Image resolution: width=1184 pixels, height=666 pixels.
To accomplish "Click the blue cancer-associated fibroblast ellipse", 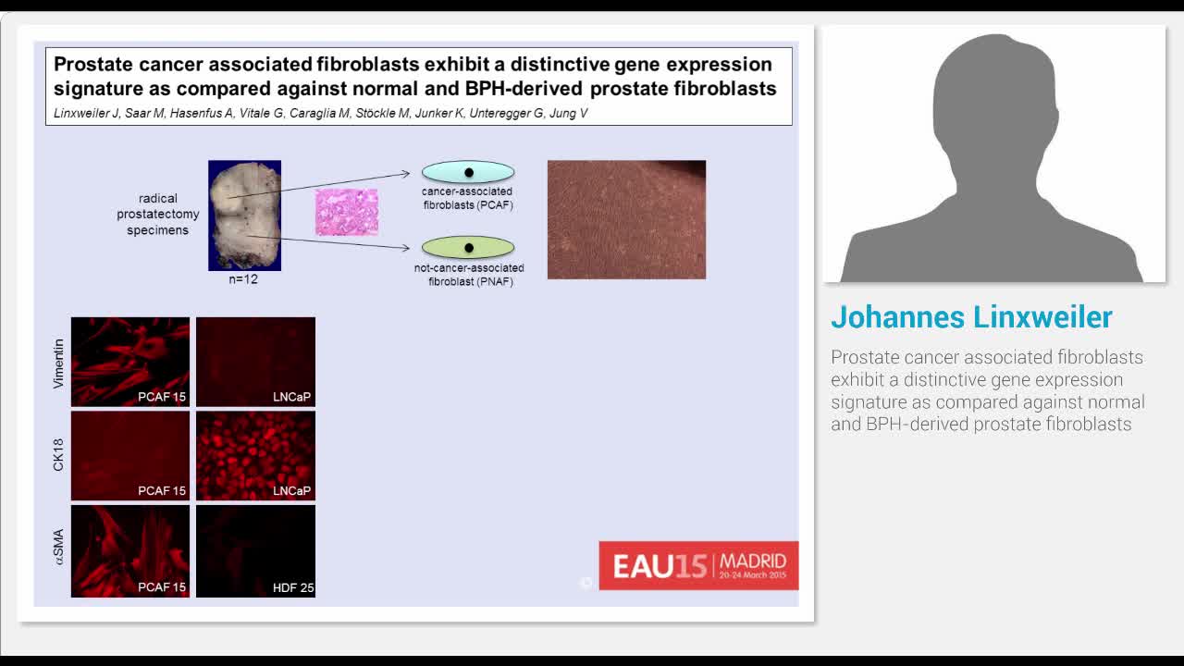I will click(468, 172).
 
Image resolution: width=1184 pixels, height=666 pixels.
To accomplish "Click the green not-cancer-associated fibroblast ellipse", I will click(468, 248).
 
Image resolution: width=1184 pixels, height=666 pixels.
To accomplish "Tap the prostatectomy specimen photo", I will click(244, 216).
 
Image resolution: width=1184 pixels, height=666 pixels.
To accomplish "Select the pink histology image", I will click(347, 212).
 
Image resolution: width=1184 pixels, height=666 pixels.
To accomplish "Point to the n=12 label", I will click(243, 279).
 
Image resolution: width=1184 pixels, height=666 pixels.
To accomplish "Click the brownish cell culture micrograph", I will click(626, 219).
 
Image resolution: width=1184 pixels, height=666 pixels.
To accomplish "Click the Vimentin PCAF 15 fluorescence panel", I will click(130, 362).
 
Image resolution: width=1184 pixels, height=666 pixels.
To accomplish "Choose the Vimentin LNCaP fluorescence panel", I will click(255, 362).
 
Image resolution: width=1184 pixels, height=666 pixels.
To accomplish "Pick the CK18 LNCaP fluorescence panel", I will click(255, 456).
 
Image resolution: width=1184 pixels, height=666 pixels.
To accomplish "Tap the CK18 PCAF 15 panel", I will click(130, 456).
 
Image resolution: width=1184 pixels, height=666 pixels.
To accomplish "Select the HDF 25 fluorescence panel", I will click(255, 550).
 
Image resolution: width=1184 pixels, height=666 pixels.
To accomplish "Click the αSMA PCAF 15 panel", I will click(130, 550).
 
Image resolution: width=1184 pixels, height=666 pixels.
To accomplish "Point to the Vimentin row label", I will click(58, 362).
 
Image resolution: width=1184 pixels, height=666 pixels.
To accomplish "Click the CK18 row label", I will click(58, 456).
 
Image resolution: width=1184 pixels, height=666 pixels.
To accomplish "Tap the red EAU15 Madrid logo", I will click(698, 565).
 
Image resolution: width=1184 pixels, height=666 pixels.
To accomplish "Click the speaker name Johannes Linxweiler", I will click(971, 317).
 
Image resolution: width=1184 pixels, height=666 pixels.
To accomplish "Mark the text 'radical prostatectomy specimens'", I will click(158, 214).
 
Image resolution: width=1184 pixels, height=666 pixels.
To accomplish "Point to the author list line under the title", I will click(320, 114).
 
